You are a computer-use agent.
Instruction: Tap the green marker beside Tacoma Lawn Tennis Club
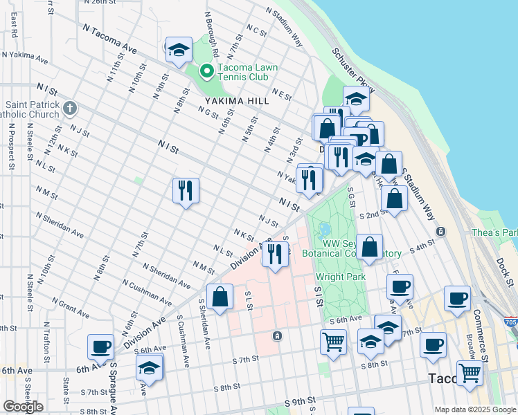click(x=206, y=71)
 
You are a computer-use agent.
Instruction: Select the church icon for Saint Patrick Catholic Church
click(x=69, y=108)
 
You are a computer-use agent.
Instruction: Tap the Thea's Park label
click(x=494, y=233)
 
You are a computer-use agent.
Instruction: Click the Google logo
click(x=23, y=407)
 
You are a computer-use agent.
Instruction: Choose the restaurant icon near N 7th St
click(x=186, y=190)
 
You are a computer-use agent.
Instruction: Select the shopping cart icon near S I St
click(x=334, y=342)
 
